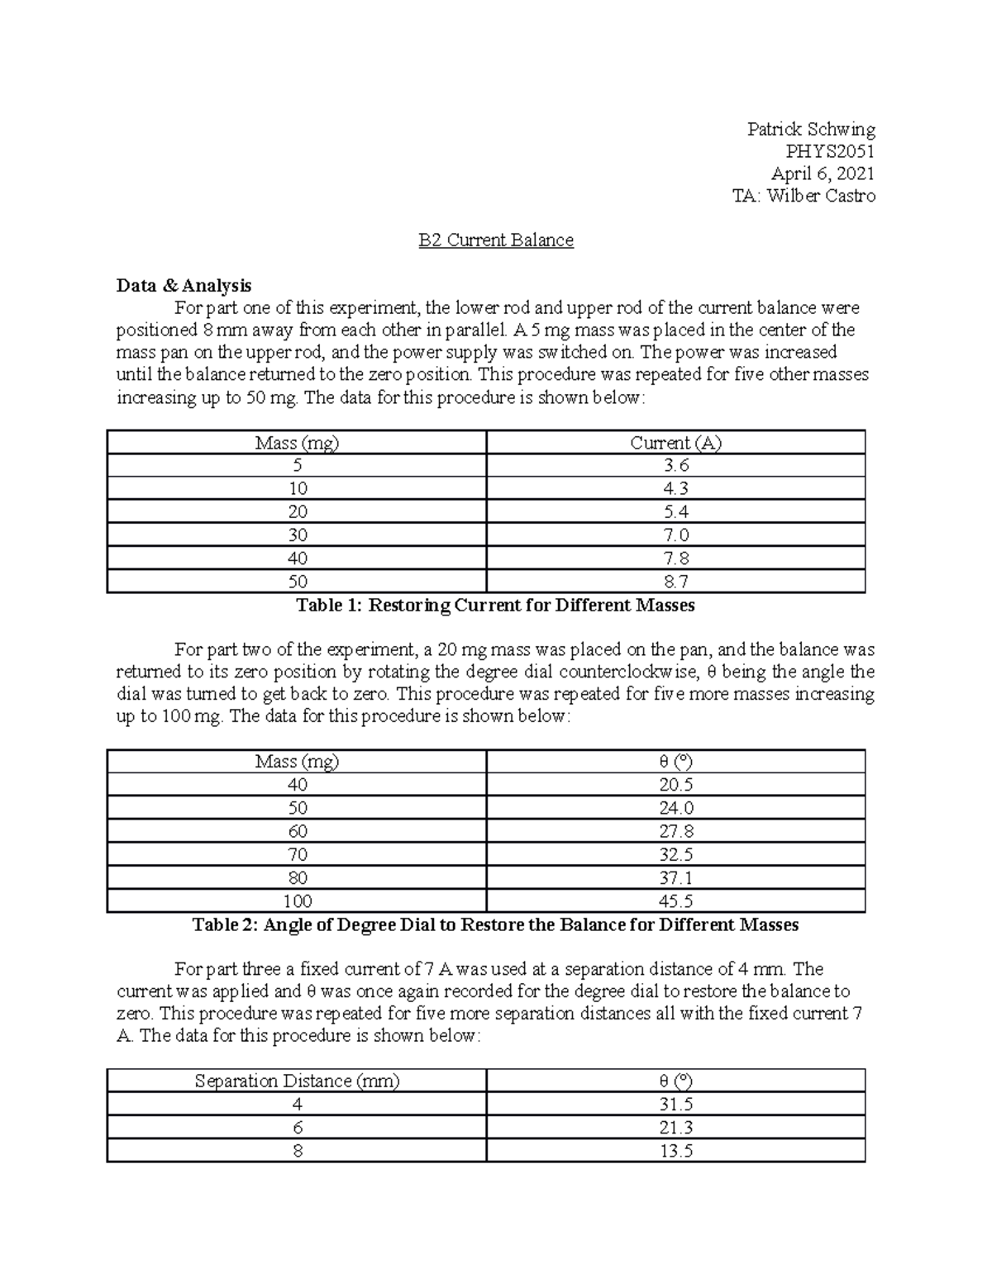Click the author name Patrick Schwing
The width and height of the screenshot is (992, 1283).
coord(810,129)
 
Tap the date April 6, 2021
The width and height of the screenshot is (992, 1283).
coord(823,173)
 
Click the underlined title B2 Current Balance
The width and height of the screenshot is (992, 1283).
coord(495,240)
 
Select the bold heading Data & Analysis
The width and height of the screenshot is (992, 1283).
coord(184,286)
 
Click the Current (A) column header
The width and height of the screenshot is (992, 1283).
coord(675,443)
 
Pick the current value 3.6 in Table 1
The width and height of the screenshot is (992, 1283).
coord(675,466)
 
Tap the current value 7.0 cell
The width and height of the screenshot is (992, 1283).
coord(675,535)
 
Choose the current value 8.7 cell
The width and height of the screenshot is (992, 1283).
coord(675,582)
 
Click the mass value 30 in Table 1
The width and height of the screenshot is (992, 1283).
coord(297,535)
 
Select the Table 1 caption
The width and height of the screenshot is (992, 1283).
coord(495,606)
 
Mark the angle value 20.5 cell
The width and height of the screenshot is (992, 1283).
coord(675,785)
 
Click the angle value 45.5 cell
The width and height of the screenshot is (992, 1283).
coord(675,901)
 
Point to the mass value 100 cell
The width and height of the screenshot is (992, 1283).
coord(297,901)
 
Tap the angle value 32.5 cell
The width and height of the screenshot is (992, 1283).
coord(675,854)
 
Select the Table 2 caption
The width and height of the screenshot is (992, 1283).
coord(495,925)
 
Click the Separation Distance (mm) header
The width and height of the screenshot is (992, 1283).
coord(297,1081)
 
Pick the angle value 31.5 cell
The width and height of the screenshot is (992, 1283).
coord(675,1105)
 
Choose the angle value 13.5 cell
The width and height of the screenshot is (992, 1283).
coord(675,1151)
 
